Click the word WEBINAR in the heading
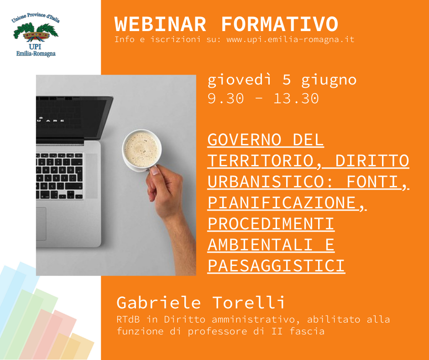coord(160,24)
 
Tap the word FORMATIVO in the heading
coord(280,24)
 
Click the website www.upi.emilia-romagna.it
coord(290,39)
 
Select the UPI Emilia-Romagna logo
coord(36,35)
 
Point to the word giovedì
coord(240,80)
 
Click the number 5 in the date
coord(286,80)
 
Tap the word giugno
coord(329,81)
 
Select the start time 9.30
coord(225,98)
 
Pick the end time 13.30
coord(296,98)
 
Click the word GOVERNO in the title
coord(245,140)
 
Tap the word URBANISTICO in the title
coord(269,182)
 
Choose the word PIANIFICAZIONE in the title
coord(282,203)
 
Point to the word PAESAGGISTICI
coord(276,266)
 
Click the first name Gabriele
coord(159,302)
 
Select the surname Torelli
coord(249,302)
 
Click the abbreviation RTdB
coord(128,319)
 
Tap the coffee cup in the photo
coord(142,150)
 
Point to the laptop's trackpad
coord(41,224)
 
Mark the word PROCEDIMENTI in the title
coord(271,224)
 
